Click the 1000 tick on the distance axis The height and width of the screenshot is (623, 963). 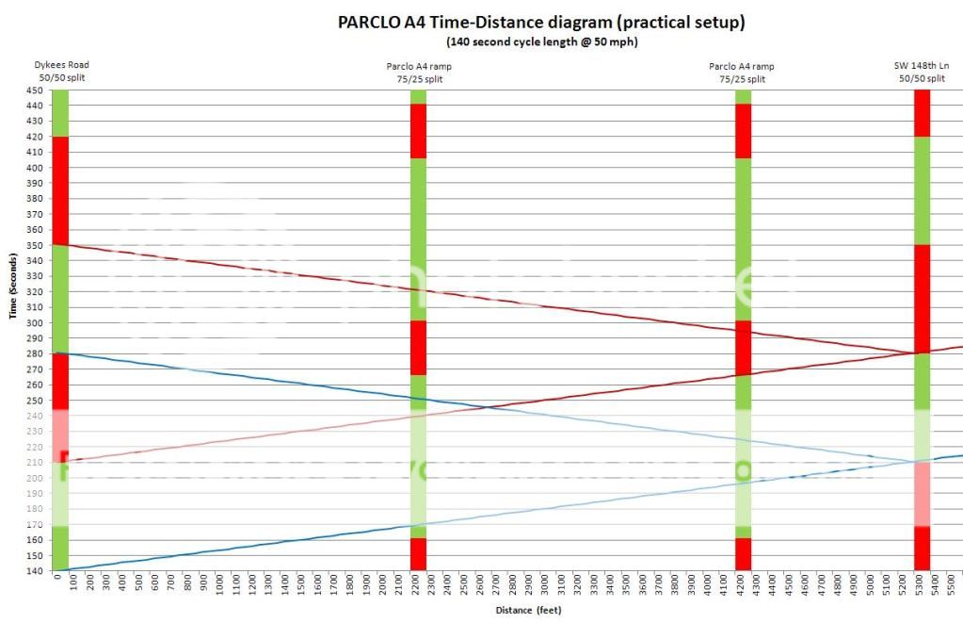click(x=221, y=586)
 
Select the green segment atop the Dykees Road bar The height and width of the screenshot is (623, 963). click(x=60, y=112)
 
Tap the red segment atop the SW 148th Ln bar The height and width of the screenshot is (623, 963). click(x=922, y=112)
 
